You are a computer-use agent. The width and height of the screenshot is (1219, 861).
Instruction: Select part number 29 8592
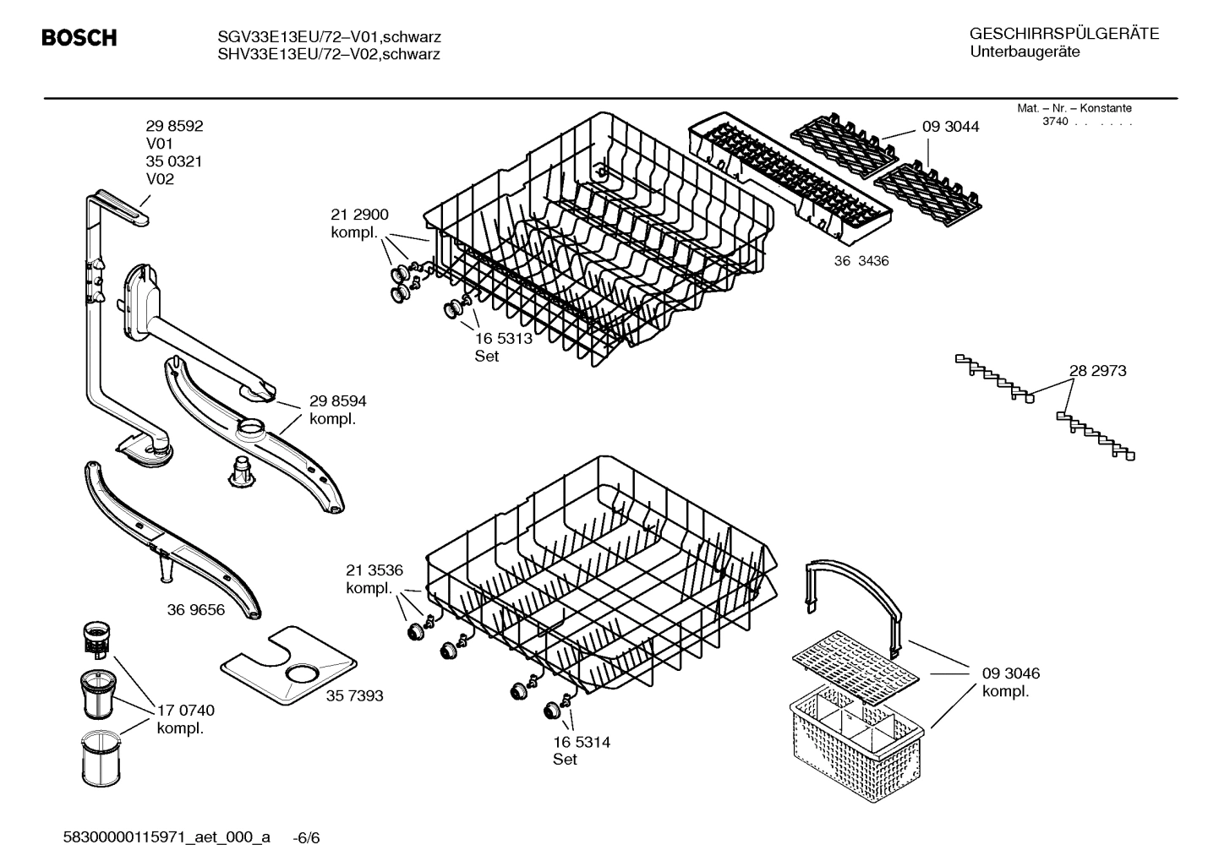(x=174, y=126)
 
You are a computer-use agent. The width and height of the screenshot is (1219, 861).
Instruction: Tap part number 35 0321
(x=174, y=161)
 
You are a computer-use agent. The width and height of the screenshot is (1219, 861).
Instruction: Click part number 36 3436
(x=861, y=261)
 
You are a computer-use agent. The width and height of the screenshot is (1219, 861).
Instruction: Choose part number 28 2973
(x=1097, y=370)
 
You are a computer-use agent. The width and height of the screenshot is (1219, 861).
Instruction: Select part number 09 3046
(x=1010, y=673)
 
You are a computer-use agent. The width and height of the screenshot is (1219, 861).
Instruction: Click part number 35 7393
(x=354, y=695)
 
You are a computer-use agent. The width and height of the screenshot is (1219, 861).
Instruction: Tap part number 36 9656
(x=196, y=609)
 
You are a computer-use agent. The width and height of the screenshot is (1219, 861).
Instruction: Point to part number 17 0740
(x=186, y=711)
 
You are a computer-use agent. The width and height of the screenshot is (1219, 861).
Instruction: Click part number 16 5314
(x=582, y=742)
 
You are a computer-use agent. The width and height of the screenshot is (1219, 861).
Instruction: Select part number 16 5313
(x=503, y=338)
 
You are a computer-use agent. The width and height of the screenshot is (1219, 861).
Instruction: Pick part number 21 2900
(x=359, y=215)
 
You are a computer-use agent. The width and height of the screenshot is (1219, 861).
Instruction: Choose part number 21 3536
(x=374, y=570)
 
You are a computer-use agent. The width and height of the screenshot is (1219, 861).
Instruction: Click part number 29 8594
(x=337, y=401)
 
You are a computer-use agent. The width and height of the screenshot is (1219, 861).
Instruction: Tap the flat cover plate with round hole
(x=287, y=666)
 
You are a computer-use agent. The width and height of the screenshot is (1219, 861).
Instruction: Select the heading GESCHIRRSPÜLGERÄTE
(x=1063, y=34)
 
